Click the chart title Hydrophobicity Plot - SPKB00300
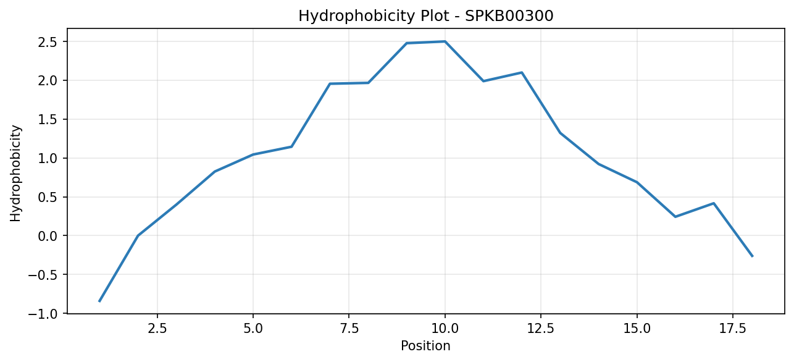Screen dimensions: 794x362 (426, 16)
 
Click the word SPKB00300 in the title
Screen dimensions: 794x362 (509, 15)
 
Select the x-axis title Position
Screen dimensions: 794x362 (425, 346)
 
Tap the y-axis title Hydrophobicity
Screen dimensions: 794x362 (15, 174)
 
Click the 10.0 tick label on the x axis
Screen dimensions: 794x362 (445, 329)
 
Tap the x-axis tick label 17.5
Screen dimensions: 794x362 (733, 329)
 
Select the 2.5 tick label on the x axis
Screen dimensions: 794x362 (157, 329)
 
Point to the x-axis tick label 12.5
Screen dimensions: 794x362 (541, 329)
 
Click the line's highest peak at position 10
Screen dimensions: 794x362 (445, 41)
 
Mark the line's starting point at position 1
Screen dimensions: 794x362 (99, 301)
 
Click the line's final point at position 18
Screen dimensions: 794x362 (752, 256)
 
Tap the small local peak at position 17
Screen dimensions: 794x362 (714, 203)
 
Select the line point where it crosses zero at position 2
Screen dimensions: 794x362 (138, 236)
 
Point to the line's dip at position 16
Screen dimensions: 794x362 (675, 217)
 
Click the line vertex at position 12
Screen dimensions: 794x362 (522, 72)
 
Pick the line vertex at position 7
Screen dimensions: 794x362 (330, 83)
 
